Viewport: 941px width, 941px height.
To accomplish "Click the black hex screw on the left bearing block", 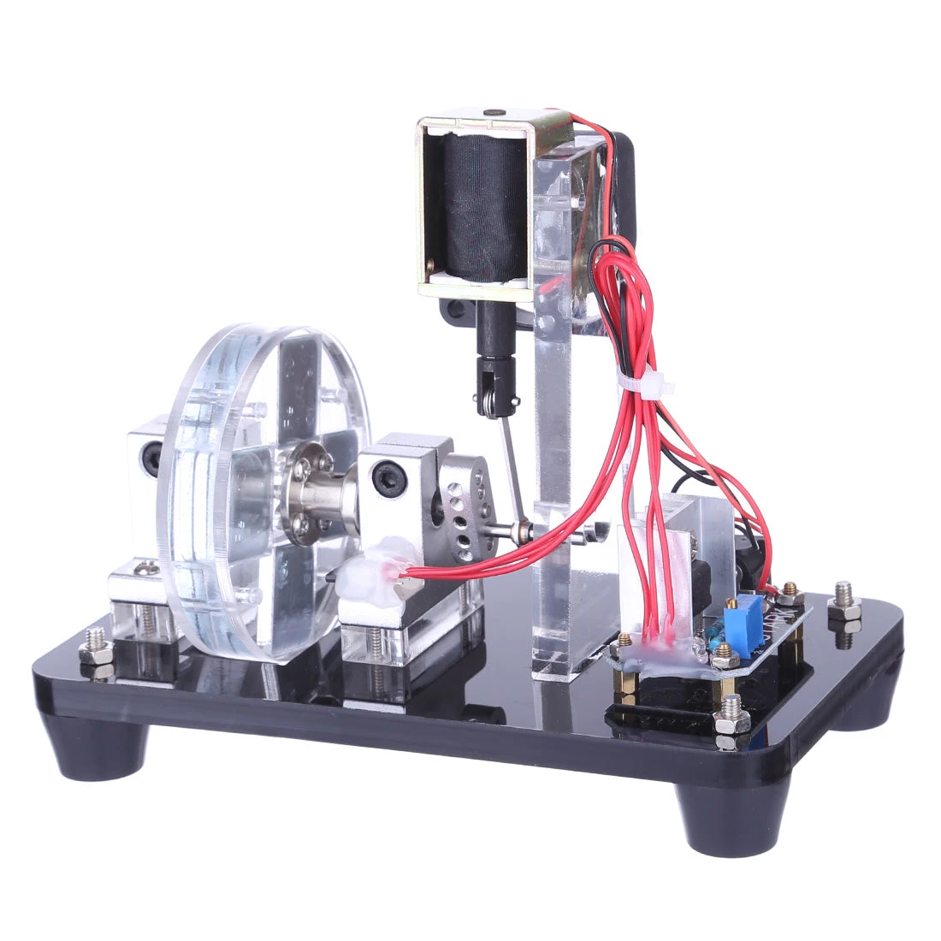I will pyautogui.click(x=151, y=458).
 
